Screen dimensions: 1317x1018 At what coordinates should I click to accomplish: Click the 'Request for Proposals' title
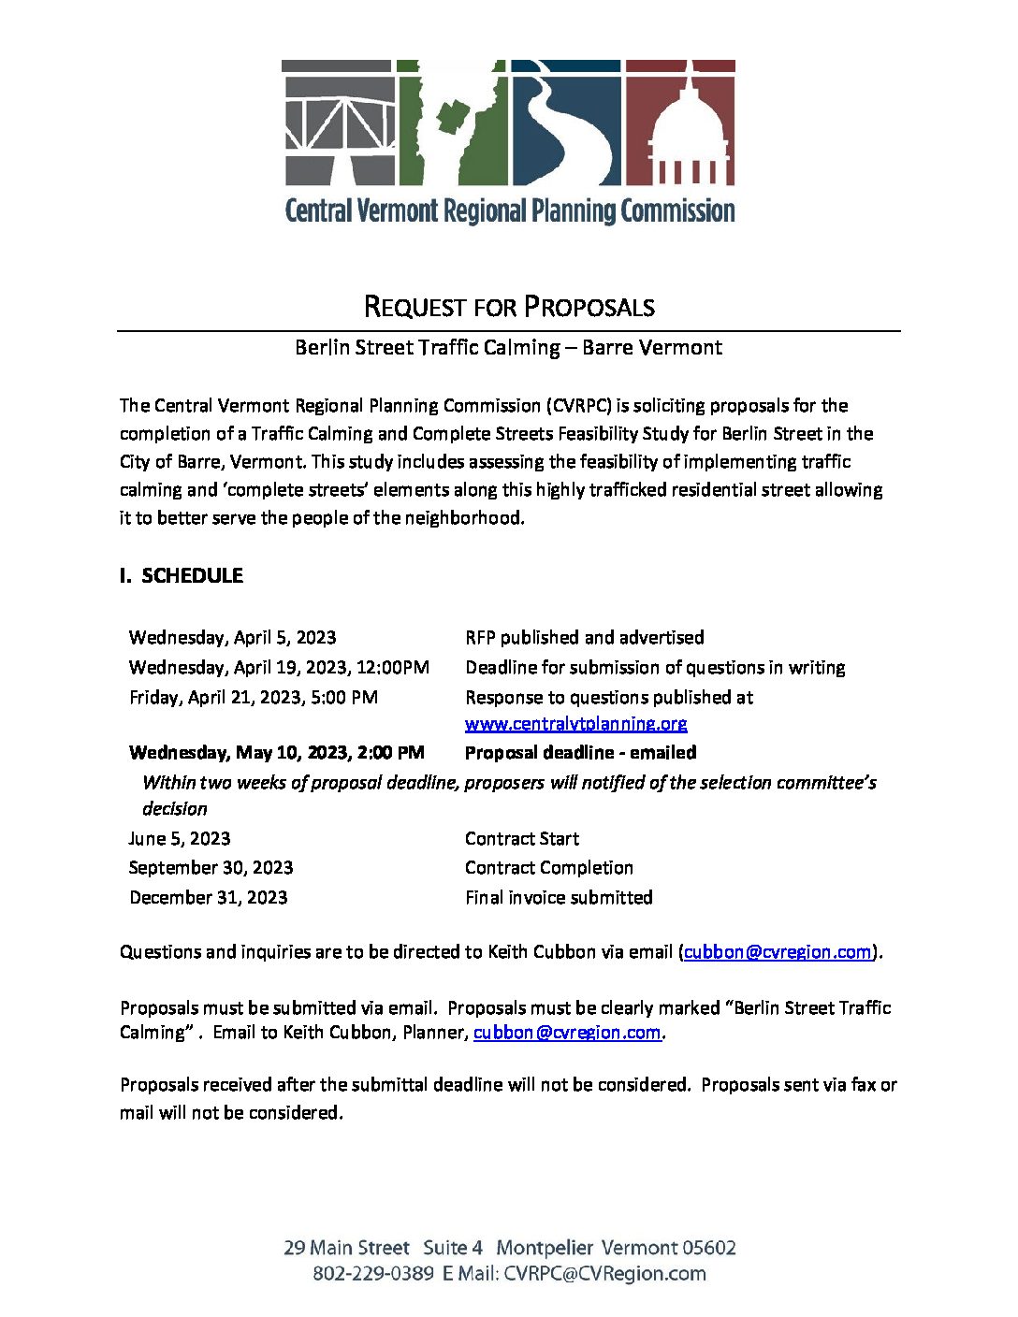tap(508, 307)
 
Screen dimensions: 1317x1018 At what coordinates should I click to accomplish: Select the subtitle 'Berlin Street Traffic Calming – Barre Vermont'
tap(508, 348)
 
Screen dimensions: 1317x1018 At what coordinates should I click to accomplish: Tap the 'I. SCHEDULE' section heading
tap(182, 576)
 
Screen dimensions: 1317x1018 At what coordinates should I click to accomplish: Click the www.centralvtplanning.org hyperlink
tap(575, 724)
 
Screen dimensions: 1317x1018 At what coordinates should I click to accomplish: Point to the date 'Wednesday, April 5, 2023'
tap(232, 638)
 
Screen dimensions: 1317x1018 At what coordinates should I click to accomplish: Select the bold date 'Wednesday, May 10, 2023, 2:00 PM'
tap(276, 753)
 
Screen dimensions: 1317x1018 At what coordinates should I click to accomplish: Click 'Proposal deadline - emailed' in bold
tap(580, 753)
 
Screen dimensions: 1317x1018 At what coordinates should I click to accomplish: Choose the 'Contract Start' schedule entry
tap(521, 839)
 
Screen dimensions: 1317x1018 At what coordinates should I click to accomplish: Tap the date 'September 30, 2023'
tap(211, 868)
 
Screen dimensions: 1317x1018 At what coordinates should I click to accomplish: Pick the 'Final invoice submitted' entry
tap(559, 898)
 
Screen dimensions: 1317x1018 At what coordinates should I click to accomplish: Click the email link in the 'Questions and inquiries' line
tap(778, 952)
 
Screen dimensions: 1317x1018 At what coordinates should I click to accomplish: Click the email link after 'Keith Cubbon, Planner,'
tap(567, 1033)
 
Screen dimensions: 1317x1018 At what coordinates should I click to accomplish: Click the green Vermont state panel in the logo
tap(452, 123)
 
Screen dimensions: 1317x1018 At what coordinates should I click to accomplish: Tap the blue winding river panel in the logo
tap(565, 123)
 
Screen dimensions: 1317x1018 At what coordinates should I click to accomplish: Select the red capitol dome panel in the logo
tap(680, 123)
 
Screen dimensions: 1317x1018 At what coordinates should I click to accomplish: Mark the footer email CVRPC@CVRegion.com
tap(604, 1274)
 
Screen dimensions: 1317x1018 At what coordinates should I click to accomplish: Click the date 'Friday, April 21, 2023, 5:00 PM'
tap(253, 698)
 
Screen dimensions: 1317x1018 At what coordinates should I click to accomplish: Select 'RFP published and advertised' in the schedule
tap(584, 638)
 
